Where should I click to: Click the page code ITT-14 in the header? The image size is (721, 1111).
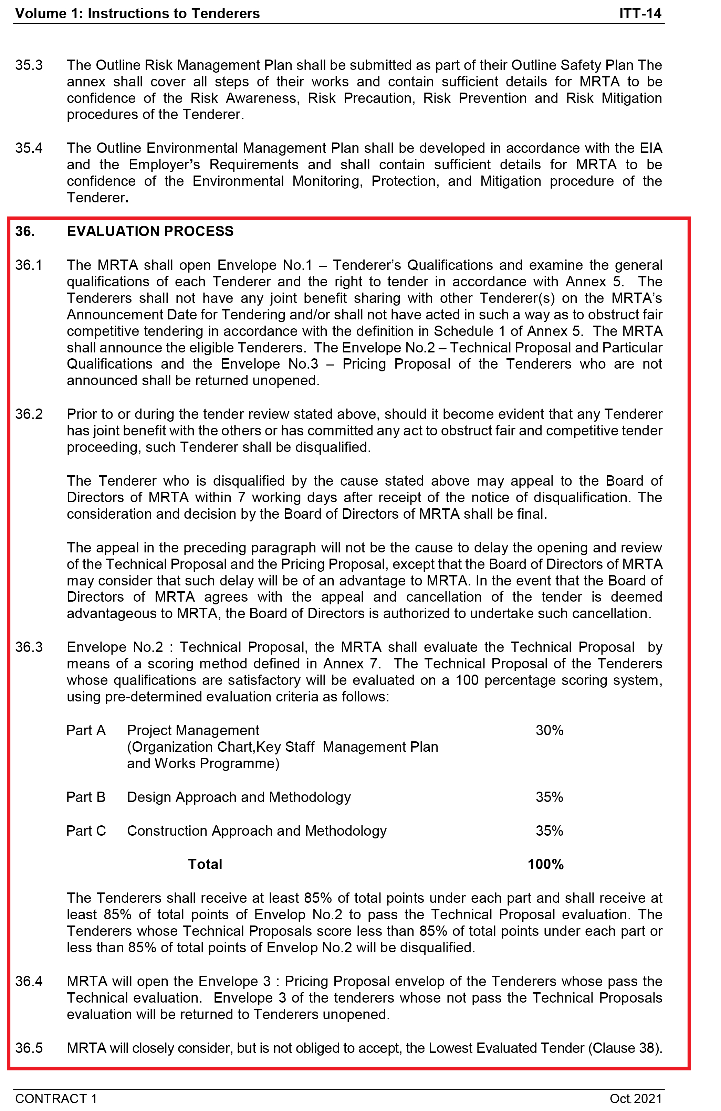(x=640, y=13)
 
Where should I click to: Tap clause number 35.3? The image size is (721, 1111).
(x=29, y=65)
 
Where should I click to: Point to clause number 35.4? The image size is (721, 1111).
(x=29, y=148)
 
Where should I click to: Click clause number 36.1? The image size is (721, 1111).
(x=29, y=265)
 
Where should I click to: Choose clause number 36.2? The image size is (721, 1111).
(x=29, y=414)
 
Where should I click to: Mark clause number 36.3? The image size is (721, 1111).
(x=29, y=647)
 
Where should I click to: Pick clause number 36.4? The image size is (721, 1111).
(x=29, y=981)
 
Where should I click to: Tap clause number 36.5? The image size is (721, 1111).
(x=29, y=1048)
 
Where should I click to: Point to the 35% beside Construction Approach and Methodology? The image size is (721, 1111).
(x=549, y=830)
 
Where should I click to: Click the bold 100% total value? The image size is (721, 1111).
(x=545, y=864)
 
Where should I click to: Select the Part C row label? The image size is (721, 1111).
(x=86, y=830)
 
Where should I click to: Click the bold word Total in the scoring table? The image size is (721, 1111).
(x=205, y=864)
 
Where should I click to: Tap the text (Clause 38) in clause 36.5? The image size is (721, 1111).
(x=625, y=1048)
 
